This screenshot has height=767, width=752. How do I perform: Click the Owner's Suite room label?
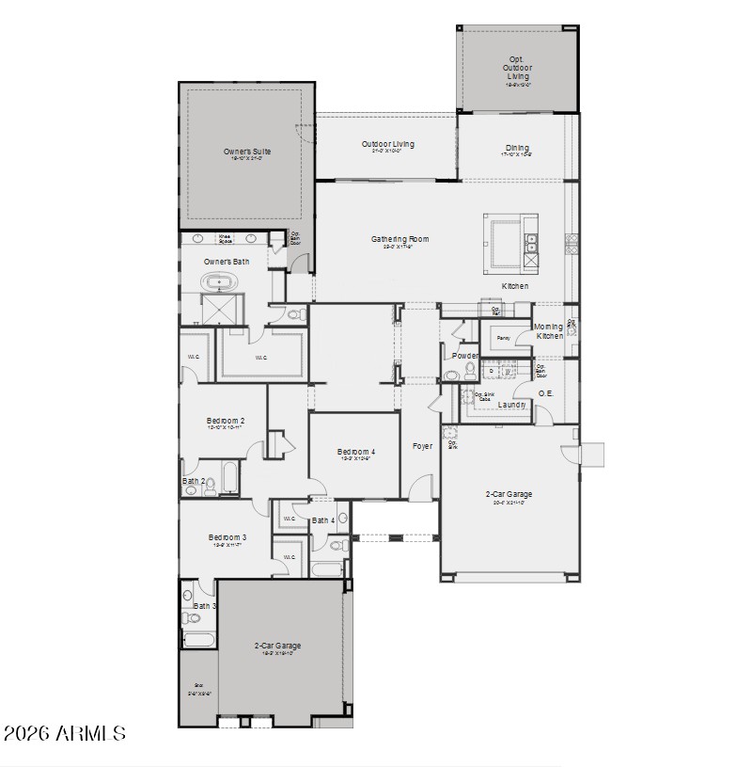click(x=246, y=151)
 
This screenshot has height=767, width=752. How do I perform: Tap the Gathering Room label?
click(x=399, y=239)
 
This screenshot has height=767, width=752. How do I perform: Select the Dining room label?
click(x=517, y=148)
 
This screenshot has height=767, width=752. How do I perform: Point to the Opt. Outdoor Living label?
click(x=516, y=68)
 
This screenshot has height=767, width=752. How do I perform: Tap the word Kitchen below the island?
click(x=514, y=286)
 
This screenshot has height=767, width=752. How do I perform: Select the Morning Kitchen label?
click(x=550, y=331)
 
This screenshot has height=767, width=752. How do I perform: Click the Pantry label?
click(x=503, y=337)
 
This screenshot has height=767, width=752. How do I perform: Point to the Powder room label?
click(x=464, y=356)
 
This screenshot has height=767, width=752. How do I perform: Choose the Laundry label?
click(x=511, y=405)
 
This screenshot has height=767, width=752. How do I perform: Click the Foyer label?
click(x=423, y=445)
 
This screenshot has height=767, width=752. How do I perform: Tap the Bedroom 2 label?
click(x=226, y=421)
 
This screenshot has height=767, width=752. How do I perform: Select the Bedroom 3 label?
click(x=227, y=537)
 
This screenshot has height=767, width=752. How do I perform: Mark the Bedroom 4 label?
click(x=356, y=453)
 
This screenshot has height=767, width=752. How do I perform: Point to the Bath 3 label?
click(x=204, y=606)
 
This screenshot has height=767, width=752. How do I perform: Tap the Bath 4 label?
click(x=322, y=520)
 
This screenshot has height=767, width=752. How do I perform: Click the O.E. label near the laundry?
click(x=545, y=392)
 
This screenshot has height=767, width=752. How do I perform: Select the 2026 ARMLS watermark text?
click(x=64, y=733)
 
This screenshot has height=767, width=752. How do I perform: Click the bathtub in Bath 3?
click(x=198, y=640)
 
